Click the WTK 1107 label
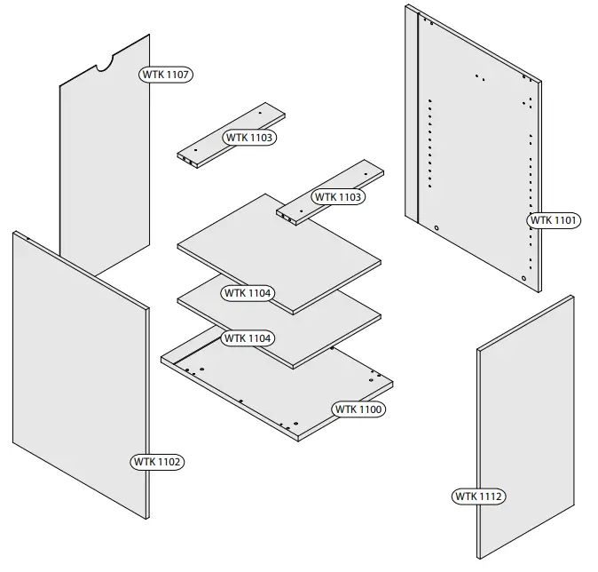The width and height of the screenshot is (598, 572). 166,75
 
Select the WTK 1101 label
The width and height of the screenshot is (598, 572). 555,219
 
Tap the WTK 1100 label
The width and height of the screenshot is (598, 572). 358,409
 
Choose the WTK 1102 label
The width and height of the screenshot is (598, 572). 158,462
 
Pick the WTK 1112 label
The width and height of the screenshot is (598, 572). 479,497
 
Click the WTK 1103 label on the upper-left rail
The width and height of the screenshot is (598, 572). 249,138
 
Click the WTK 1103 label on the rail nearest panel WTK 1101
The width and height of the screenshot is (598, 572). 338,196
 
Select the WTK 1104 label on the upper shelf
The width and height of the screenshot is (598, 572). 248,292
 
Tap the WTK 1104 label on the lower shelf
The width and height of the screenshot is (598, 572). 248,338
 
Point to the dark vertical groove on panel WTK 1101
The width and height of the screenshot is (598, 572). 418,124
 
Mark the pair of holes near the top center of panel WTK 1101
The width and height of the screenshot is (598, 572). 479,77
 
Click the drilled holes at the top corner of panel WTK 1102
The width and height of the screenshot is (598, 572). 28,238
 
